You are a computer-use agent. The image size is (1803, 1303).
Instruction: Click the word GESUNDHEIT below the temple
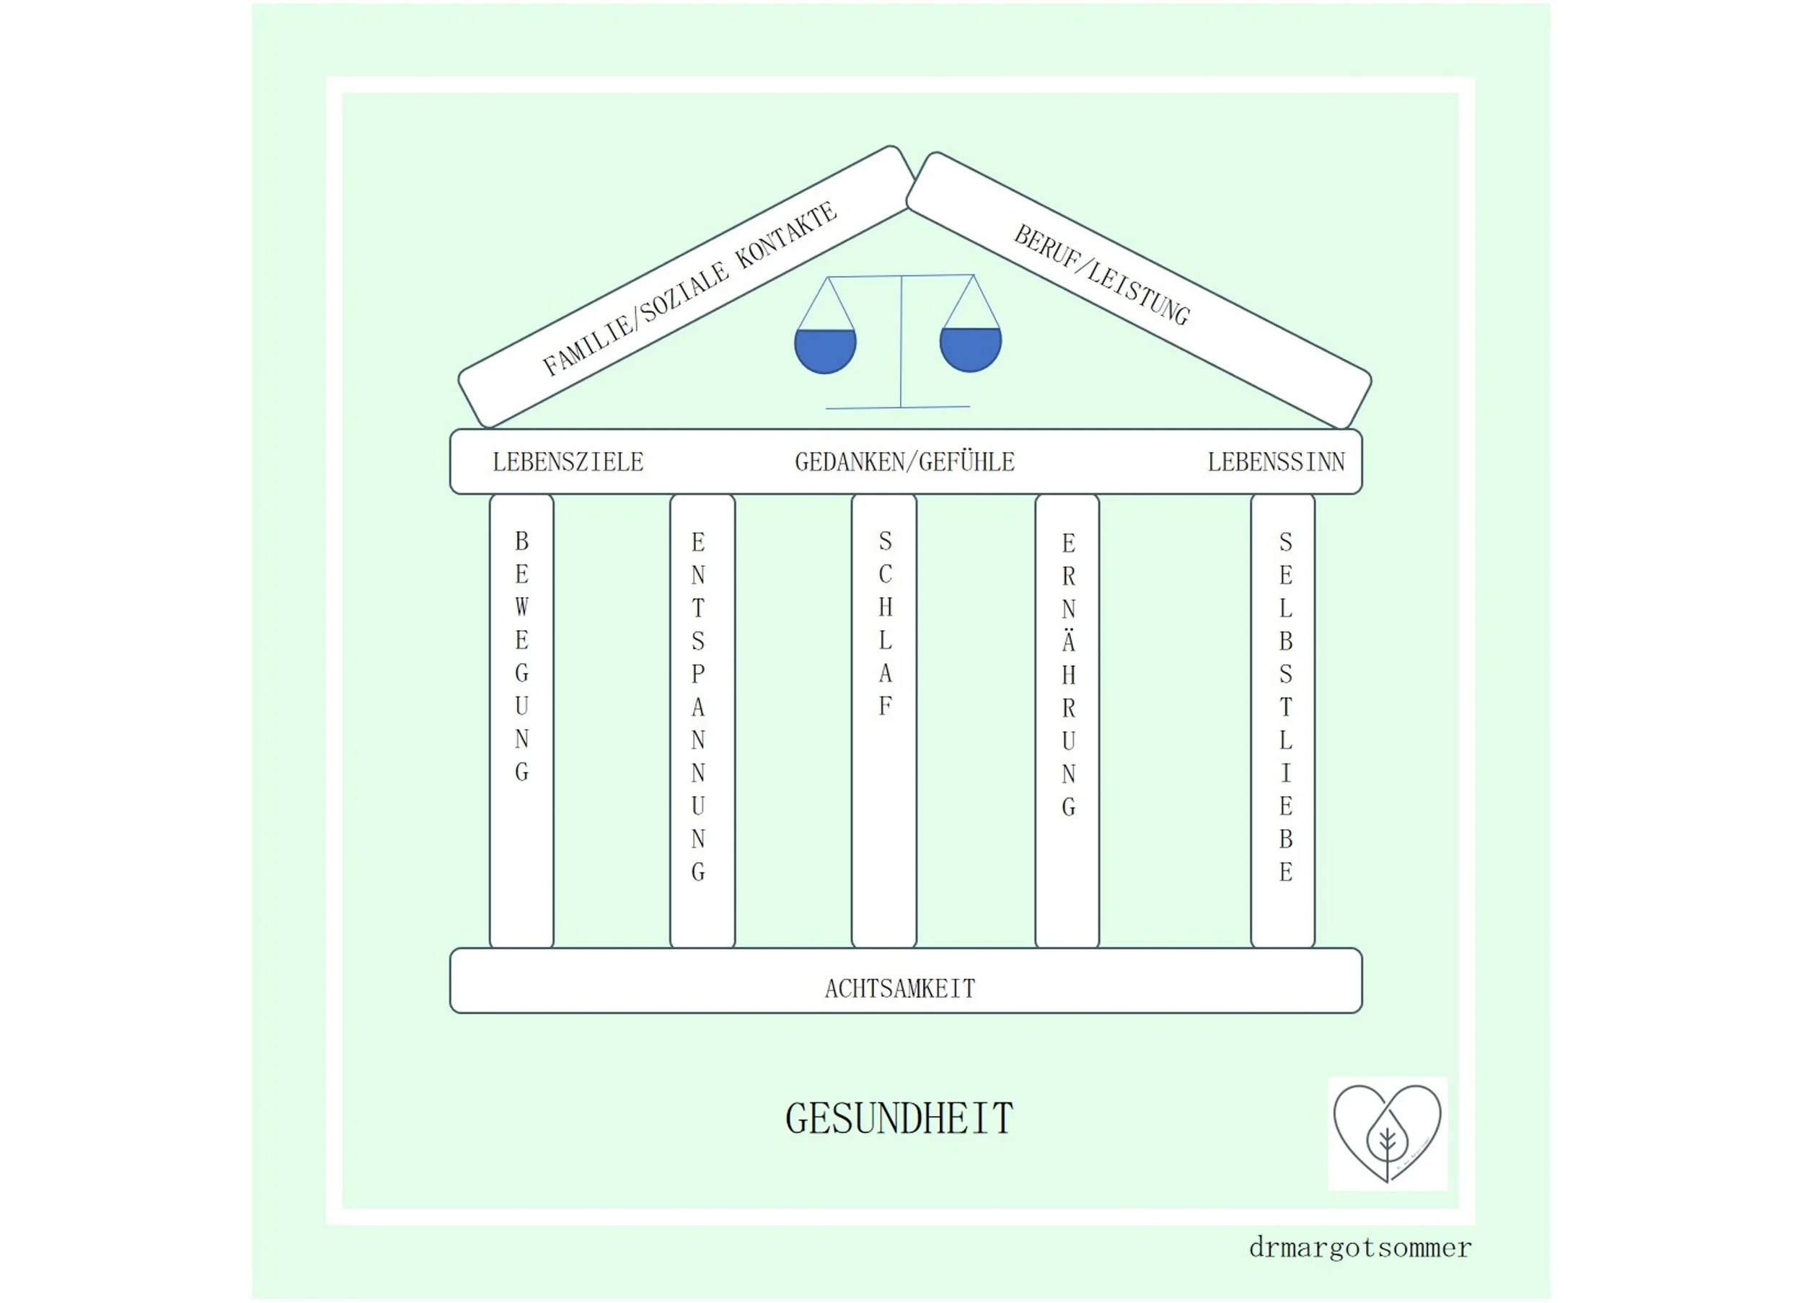coord(899,1119)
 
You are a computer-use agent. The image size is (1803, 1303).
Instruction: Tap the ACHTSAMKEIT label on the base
coord(899,989)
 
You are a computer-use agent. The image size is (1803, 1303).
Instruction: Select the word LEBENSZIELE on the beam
coord(568,462)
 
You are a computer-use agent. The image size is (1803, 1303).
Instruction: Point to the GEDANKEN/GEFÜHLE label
coord(904,462)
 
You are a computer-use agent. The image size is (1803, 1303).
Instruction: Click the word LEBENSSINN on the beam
coord(1276,462)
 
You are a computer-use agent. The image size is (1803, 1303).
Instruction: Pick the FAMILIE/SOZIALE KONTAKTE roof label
coord(689,288)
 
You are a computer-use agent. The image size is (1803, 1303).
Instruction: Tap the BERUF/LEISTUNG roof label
coord(1102,274)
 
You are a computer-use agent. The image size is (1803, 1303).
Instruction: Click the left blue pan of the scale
coord(825,350)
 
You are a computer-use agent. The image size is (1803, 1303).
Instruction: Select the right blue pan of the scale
coord(970,348)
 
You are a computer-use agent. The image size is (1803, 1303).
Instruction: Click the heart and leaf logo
coord(1388,1133)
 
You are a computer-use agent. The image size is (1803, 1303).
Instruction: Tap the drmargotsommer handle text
coord(1359,1248)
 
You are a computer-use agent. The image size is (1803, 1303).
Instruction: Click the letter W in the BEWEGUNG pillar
coord(521,607)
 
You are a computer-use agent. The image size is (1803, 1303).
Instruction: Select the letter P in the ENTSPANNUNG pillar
coord(698,674)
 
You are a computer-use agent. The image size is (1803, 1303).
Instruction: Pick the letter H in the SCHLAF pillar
coord(885,607)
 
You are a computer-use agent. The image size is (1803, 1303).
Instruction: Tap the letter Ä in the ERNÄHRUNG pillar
coord(1068,641)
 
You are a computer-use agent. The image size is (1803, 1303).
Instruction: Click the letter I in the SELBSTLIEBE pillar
coord(1285,773)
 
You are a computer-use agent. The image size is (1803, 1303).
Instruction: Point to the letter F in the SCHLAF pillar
coord(885,706)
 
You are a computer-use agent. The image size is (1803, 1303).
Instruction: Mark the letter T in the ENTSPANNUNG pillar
coord(698,608)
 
